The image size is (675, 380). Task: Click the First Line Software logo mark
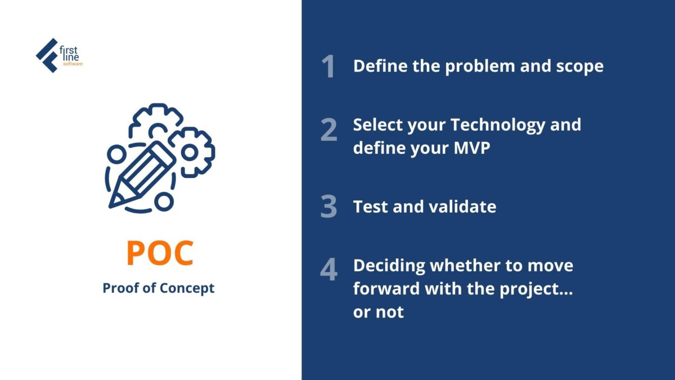(x=47, y=56)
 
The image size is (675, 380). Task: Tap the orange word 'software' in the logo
(x=73, y=64)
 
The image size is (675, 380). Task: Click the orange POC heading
(x=160, y=253)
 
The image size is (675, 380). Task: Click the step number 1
(x=328, y=66)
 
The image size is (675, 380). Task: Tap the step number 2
(x=328, y=129)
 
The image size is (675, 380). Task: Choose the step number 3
(x=328, y=206)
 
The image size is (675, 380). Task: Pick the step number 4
(x=328, y=269)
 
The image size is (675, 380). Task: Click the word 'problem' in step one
(x=480, y=66)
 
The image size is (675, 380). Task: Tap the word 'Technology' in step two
(x=498, y=126)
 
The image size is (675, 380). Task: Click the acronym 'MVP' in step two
(x=472, y=148)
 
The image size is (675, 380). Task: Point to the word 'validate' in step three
(x=462, y=207)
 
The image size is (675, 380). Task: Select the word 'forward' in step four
(x=386, y=289)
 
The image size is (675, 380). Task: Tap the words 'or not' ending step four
(x=379, y=312)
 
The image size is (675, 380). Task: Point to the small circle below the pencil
(x=164, y=202)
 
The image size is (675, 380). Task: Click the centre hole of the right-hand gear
(x=189, y=153)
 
